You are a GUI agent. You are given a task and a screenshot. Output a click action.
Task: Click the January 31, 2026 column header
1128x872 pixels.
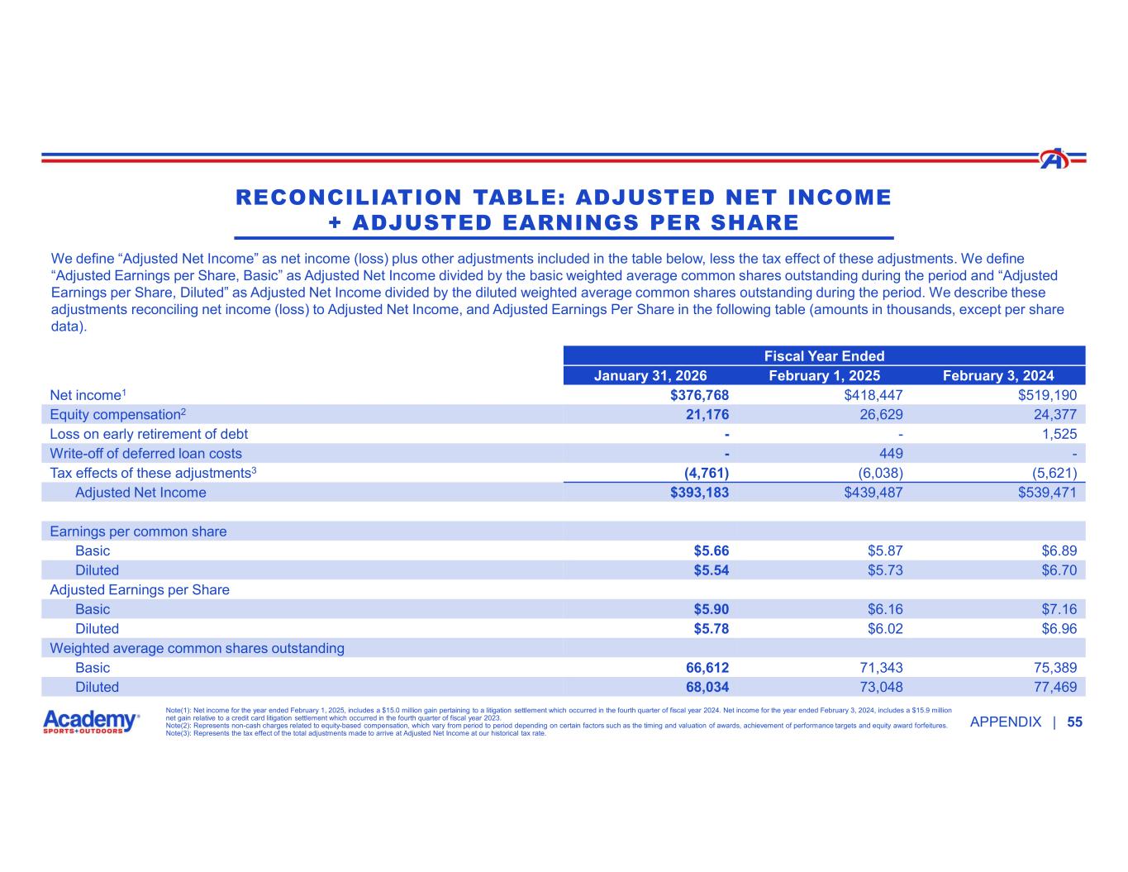(x=650, y=375)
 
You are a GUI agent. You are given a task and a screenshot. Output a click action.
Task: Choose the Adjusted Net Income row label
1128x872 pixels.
(x=140, y=493)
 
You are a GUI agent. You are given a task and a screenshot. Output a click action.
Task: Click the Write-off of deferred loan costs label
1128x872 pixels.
(x=146, y=453)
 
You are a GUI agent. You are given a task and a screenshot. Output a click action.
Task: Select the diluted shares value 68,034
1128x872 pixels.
(x=700, y=687)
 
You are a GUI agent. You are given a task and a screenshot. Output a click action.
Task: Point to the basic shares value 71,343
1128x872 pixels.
(x=878, y=668)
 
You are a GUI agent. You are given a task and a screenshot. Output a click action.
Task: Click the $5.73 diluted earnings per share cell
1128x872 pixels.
(x=885, y=570)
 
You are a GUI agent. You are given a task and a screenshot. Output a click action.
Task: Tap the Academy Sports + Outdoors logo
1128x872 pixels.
(x=91, y=722)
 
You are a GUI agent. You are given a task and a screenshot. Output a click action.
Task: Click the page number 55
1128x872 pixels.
(x=1074, y=722)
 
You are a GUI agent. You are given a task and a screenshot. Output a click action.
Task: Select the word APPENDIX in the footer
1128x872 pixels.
(x=1005, y=722)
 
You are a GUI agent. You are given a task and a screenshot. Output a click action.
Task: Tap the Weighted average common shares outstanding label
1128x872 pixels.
(x=197, y=648)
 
